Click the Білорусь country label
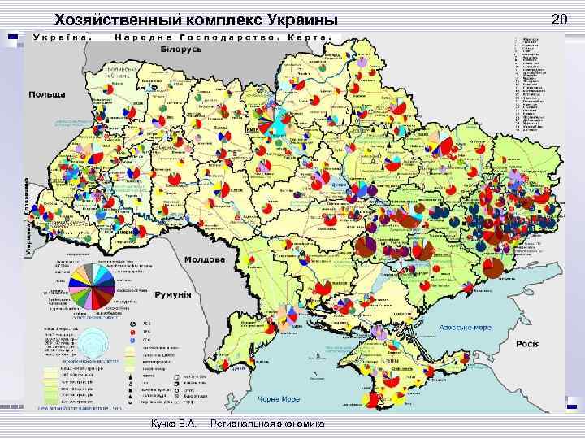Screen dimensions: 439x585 point(180,50)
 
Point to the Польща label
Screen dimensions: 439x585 point(48,95)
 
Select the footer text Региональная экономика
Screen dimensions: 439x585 point(267,425)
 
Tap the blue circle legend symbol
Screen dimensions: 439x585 point(132,341)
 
